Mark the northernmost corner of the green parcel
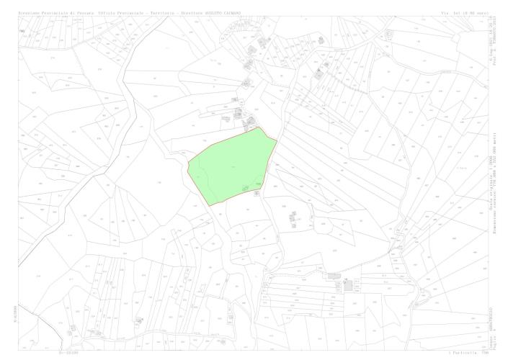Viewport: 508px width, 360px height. tap(261, 127)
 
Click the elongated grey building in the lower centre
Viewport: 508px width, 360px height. tap(334, 275)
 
